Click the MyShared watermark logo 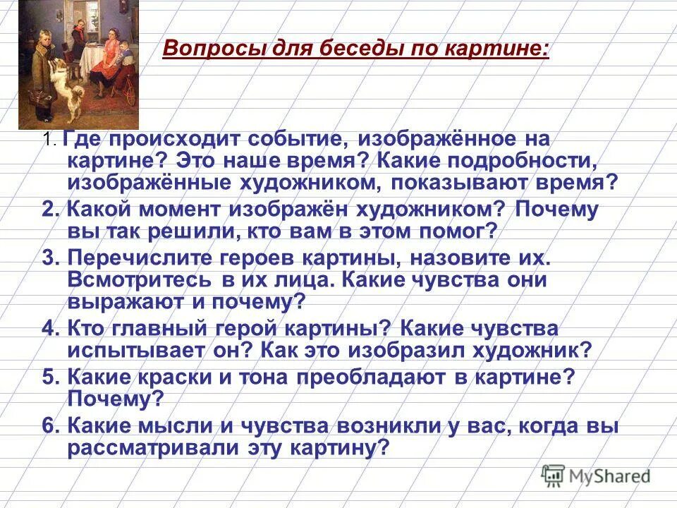click(596, 475)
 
